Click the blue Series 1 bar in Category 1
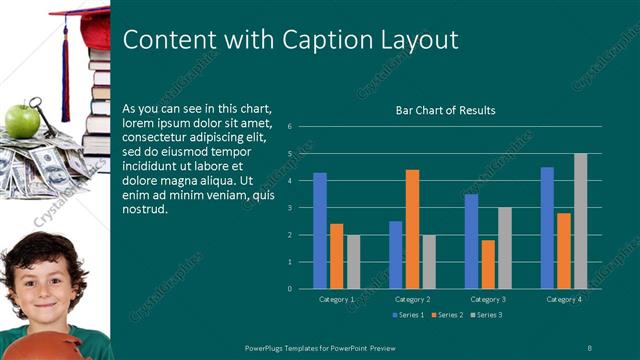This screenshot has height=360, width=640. (x=320, y=231)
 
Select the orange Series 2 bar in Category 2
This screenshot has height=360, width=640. (x=412, y=229)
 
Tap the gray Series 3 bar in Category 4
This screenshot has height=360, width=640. (x=580, y=221)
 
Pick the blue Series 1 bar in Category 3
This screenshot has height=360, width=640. (x=471, y=241)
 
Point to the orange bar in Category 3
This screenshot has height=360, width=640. (x=488, y=264)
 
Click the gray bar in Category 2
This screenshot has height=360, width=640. (x=428, y=262)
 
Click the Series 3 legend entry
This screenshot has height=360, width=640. (x=486, y=315)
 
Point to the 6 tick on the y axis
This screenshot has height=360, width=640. (x=288, y=127)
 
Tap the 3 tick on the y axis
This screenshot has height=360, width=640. (x=288, y=208)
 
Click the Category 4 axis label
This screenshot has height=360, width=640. (x=564, y=299)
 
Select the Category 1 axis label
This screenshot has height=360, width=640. (x=337, y=299)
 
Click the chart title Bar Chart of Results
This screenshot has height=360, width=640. (x=446, y=110)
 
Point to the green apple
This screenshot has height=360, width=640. (x=19, y=120)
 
